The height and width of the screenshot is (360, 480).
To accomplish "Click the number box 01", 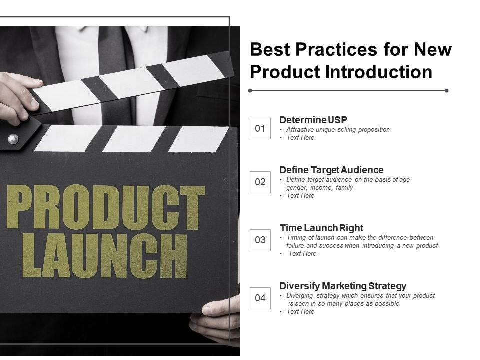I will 260,128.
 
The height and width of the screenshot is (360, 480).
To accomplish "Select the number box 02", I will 260,182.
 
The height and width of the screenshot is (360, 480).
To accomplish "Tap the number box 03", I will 260,240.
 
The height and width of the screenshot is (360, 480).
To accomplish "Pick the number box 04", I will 260,298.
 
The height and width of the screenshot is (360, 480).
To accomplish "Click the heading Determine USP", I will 313,120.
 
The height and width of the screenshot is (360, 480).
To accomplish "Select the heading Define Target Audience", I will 331,170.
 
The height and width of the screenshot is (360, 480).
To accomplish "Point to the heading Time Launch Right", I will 321,228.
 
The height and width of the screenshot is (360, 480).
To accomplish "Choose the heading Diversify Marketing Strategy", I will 343,286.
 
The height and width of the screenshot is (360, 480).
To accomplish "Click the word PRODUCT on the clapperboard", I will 106,207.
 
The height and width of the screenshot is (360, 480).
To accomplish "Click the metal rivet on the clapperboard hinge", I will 13,139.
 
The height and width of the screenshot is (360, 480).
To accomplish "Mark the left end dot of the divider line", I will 250,91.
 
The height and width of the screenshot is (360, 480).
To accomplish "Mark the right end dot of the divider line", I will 446,91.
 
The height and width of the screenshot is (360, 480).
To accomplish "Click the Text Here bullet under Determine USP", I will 300,138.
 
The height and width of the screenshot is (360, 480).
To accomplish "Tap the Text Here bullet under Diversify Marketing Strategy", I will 300,312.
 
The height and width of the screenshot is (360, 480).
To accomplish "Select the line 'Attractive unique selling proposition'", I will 338,130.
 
